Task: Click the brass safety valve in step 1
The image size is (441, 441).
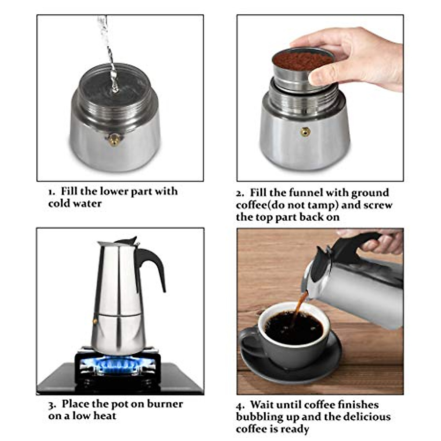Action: pyautogui.click(x=114, y=139)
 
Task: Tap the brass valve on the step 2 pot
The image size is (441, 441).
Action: pyautogui.click(x=305, y=132)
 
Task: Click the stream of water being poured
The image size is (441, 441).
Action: pyautogui.click(x=109, y=51)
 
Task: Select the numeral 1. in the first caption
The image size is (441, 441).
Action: pyautogui.click(x=52, y=192)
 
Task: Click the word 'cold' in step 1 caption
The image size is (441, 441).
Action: pyautogui.click(x=60, y=204)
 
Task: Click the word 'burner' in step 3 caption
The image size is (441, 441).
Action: pyautogui.click(x=165, y=404)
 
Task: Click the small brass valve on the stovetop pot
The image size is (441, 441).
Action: pyautogui.click(x=95, y=321)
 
